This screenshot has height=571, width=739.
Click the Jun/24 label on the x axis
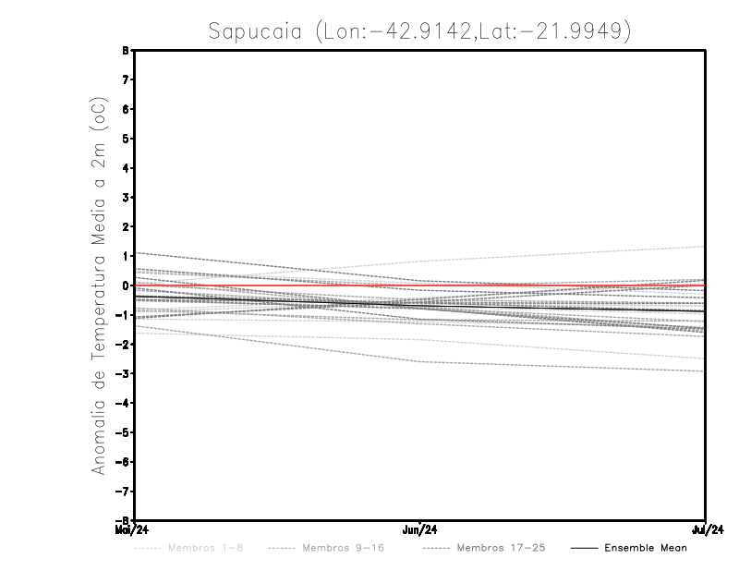point(420,530)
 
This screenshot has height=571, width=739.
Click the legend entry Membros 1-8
point(206,548)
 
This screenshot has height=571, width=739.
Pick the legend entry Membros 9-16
point(342,548)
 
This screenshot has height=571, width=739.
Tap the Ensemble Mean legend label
point(645,548)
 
